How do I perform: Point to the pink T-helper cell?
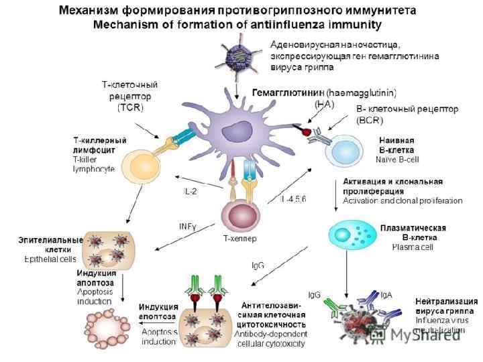pos(239,219)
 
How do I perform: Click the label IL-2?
pos(191,191)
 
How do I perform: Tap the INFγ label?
pos(187,226)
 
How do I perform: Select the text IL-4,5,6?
pos(293,200)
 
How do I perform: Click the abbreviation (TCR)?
pos(131,107)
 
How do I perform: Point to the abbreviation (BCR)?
pos(370,121)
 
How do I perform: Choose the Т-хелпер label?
pos(239,238)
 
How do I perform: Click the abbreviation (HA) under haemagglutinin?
pos(325,103)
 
